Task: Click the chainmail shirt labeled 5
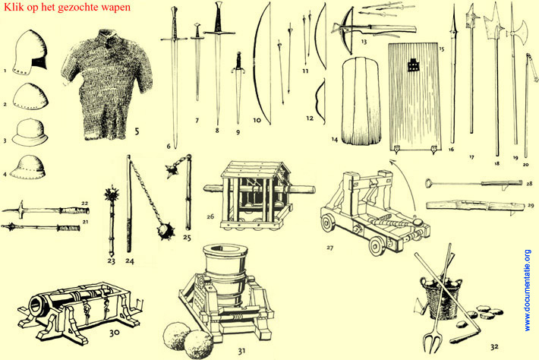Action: (x=106, y=84)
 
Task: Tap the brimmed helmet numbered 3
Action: (x=30, y=132)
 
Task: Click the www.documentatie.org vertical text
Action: (x=528, y=291)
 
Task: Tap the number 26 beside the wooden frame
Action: (x=210, y=216)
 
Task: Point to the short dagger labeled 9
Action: (x=238, y=87)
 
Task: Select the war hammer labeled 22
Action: (x=46, y=210)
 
